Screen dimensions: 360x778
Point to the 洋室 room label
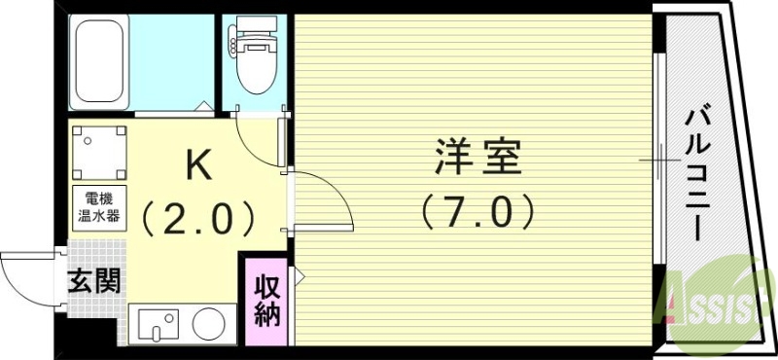[x=476, y=160]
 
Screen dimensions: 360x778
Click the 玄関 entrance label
[x=94, y=282]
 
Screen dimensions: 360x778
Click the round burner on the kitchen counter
[x=207, y=323]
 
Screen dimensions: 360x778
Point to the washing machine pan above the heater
[x=99, y=151]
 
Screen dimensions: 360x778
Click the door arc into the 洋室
[x=321, y=199]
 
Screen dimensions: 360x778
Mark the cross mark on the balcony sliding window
[x=664, y=159]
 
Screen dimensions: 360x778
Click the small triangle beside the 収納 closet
[x=300, y=278]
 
